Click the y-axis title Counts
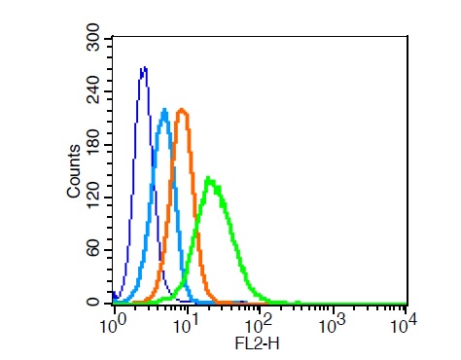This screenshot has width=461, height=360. (x=74, y=171)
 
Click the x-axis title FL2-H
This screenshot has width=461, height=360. (x=257, y=343)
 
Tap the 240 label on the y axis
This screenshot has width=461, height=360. (x=94, y=90)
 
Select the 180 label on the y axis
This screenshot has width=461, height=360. (x=94, y=143)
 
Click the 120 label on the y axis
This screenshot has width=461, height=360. (x=94, y=197)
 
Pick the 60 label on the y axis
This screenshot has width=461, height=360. (x=94, y=250)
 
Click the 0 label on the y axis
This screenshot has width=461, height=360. (x=93, y=303)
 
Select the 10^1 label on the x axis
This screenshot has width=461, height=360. (x=185, y=324)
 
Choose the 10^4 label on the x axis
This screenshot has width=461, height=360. (x=403, y=324)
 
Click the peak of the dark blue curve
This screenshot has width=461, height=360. (x=144, y=67)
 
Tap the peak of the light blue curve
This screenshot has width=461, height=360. (x=164, y=109)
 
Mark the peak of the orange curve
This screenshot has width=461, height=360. (x=182, y=109)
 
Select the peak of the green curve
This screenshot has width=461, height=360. (x=208, y=178)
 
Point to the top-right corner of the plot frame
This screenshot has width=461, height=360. (x=408, y=36)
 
